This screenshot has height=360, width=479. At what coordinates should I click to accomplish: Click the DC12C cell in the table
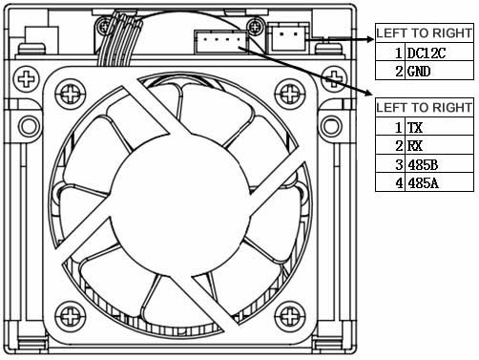point(427,53)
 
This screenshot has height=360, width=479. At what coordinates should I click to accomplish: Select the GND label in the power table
point(419,71)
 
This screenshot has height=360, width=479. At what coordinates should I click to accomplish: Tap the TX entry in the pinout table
point(415,128)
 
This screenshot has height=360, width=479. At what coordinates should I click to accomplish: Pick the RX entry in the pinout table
point(415,146)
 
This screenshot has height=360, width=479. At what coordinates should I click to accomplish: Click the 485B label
point(423,164)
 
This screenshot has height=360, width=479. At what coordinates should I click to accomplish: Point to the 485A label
point(423,183)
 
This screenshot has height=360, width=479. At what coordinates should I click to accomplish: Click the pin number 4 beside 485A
point(399,183)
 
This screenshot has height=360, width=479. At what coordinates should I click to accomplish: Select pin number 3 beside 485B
point(399,164)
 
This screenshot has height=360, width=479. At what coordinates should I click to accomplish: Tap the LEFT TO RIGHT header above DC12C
point(424,32)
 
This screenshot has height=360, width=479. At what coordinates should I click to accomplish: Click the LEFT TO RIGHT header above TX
point(424,108)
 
